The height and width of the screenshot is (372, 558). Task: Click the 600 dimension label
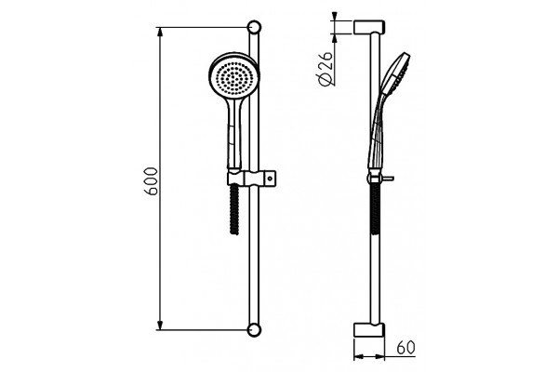151,180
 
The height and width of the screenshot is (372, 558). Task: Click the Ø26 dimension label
326,69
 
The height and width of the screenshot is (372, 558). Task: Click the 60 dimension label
405,348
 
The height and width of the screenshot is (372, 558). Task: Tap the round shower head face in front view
233,77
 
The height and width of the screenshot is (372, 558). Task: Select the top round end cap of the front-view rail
254,27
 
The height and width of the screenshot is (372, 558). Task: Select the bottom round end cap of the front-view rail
254,330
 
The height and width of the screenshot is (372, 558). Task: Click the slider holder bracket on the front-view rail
252,178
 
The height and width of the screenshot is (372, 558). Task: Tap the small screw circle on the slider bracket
271,178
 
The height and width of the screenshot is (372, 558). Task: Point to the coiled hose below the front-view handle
234,209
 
